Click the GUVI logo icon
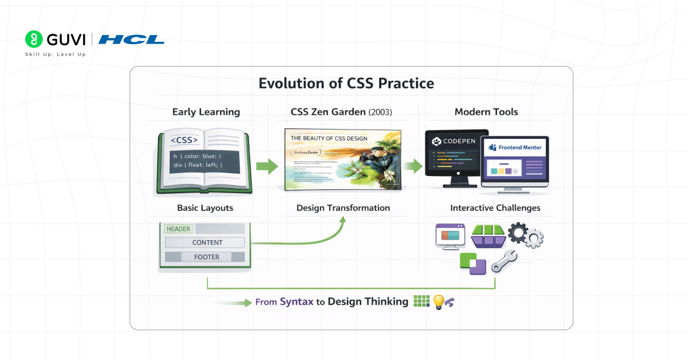point(34,39)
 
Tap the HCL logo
point(131,40)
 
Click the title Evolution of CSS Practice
point(346,84)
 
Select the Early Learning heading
point(206,112)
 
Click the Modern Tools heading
point(486,112)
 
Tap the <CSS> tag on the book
point(184,139)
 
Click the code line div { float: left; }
point(198,165)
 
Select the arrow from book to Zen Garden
point(266,166)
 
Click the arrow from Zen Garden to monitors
point(412,166)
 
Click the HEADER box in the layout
point(178,229)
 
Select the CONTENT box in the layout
point(207,242)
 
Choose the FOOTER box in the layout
point(206,257)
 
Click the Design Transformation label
point(343,208)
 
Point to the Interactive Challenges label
point(495,208)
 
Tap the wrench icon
point(504,261)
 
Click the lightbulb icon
point(438,302)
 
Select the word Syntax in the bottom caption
point(296,302)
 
